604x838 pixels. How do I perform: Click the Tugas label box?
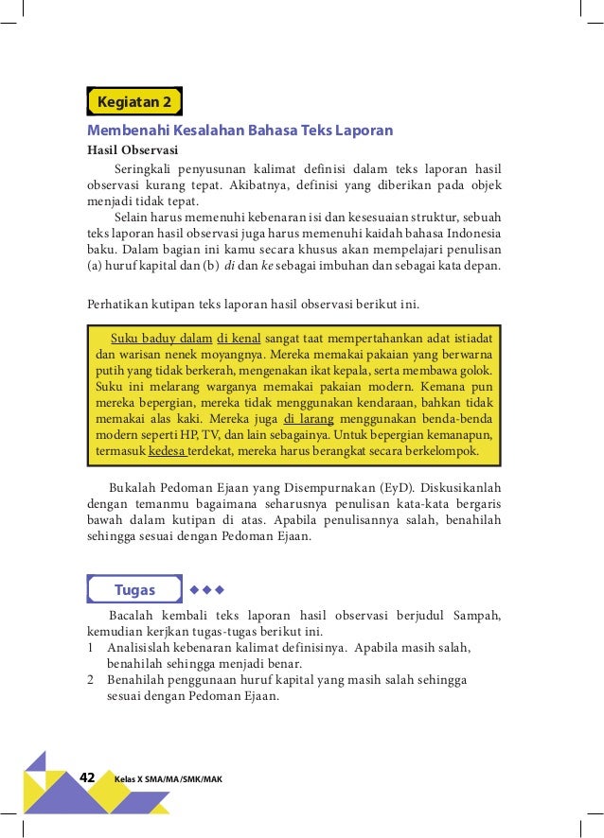(x=134, y=590)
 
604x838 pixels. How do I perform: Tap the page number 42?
(x=88, y=777)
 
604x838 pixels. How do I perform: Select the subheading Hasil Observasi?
(x=131, y=149)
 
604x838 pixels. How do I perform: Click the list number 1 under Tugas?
(x=90, y=648)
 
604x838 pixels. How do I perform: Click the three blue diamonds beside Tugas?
(x=206, y=590)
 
